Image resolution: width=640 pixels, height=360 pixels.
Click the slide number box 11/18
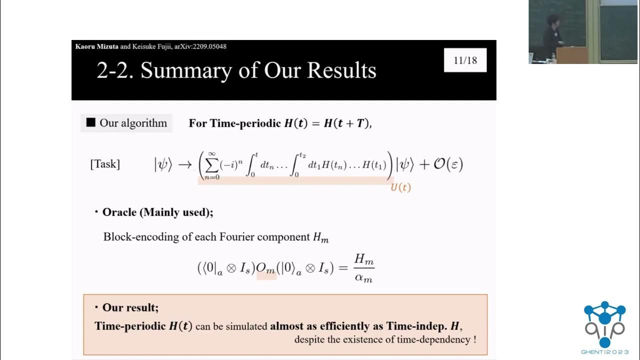click(x=465, y=60)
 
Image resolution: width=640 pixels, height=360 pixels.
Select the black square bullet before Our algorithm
click(x=90, y=122)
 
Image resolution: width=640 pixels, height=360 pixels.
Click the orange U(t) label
click(x=400, y=187)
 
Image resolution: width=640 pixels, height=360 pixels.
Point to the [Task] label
click(x=105, y=164)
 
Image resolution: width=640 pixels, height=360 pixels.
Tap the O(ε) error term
click(x=447, y=164)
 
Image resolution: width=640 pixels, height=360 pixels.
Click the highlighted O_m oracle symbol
click(x=266, y=268)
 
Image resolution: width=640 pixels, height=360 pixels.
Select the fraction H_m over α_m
click(x=363, y=268)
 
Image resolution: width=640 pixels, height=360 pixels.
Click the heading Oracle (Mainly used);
click(x=157, y=212)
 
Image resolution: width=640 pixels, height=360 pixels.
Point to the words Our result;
click(x=130, y=307)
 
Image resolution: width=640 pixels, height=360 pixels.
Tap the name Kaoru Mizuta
click(x=97, y=46)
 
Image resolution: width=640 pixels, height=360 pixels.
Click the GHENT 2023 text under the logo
click(x=604, y=352)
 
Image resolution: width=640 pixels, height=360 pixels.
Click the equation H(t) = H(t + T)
click(x=327, y=123)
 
